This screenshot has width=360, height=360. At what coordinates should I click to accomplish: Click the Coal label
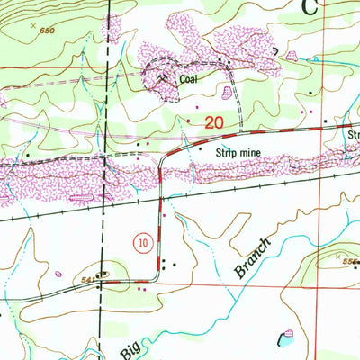point(187,79)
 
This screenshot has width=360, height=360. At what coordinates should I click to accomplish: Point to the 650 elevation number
point(48,31)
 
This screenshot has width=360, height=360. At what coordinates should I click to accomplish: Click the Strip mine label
point(237,153)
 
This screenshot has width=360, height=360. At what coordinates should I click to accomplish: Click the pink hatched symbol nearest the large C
point(292,57)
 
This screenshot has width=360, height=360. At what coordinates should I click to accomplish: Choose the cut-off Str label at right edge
point(353,136)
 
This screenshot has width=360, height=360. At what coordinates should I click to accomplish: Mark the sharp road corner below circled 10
point(160,281)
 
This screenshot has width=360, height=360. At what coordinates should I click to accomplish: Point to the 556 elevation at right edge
point(349,261)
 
